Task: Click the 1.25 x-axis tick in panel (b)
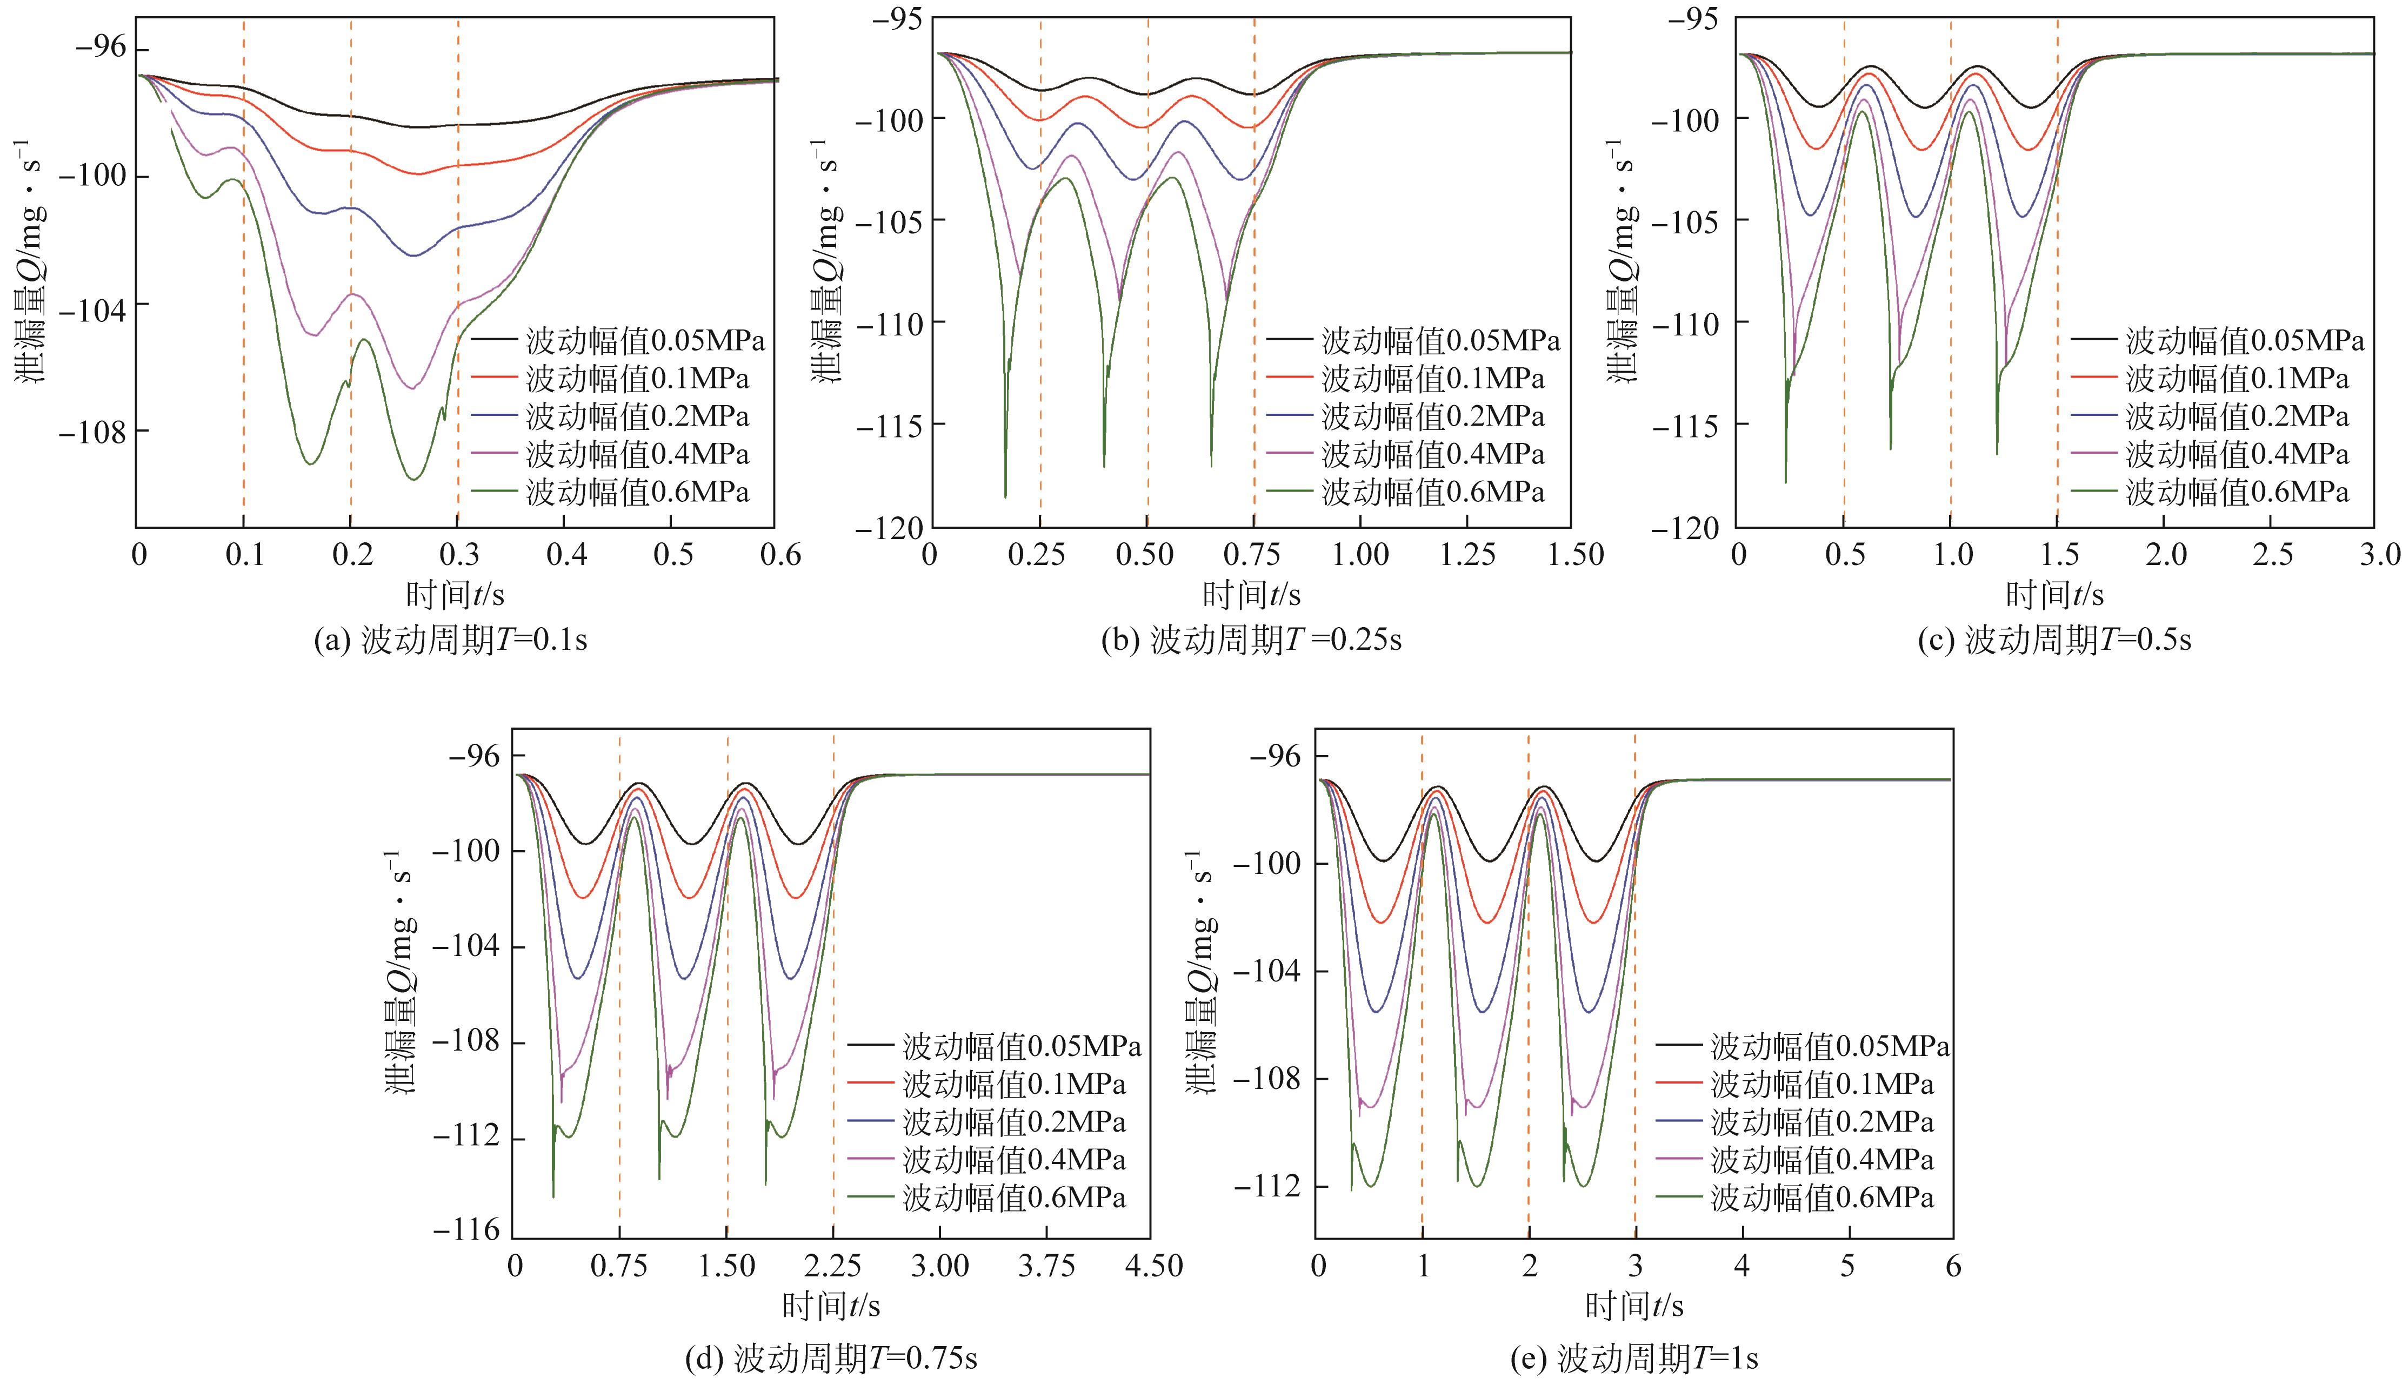(x=1467, y=554)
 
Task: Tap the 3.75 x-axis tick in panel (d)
(x=1047, y=1266)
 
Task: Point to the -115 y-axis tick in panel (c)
(x=1686, y=425)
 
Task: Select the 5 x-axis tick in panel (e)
(x=1847, y=1266)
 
